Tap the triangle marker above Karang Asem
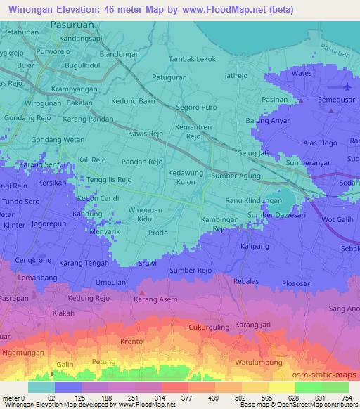[142, 292]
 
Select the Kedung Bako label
[137, 103]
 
